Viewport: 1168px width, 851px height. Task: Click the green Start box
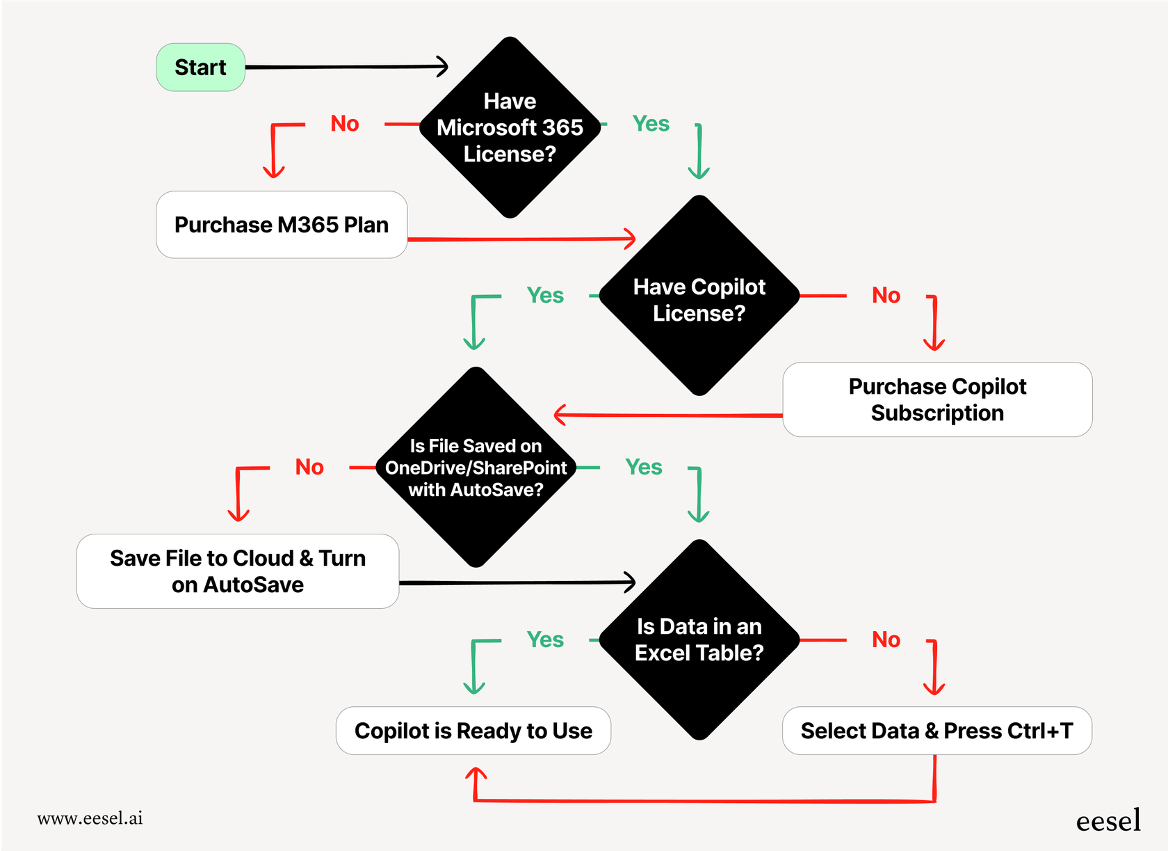[x=200, y=67]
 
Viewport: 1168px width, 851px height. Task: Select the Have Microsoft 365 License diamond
[x=510, y=127]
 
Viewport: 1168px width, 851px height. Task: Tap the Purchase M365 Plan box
[x=282, y=225]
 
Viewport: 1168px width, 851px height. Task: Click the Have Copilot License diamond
[x=699, y=299]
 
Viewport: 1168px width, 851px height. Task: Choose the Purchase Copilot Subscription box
[x=936, y=399]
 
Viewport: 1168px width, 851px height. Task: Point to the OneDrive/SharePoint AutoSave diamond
[x=476, y=468]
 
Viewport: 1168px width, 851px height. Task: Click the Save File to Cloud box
[x=238, y=571]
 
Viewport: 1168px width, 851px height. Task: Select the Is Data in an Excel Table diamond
[x=699, y=639]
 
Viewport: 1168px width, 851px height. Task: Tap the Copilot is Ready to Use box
[x=473, y=731]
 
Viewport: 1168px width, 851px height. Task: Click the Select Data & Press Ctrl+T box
[x=936, y=731]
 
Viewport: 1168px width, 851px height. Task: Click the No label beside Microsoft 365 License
[x=345, y=124]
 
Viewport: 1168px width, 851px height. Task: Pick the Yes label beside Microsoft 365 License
[x=651, y=124]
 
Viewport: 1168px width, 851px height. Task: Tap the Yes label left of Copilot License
[x=545, y=296]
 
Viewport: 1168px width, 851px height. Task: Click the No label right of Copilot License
[x=886, y=296]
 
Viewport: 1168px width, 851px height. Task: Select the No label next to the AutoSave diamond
[x=309, y=467]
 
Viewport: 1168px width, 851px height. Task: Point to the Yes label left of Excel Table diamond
[x=545, y=639]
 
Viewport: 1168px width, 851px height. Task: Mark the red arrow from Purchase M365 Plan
[x=521, y=239]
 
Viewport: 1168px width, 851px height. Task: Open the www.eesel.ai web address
[x=90, y=818]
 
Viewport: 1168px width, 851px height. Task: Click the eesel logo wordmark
[x=1108, y=821]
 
